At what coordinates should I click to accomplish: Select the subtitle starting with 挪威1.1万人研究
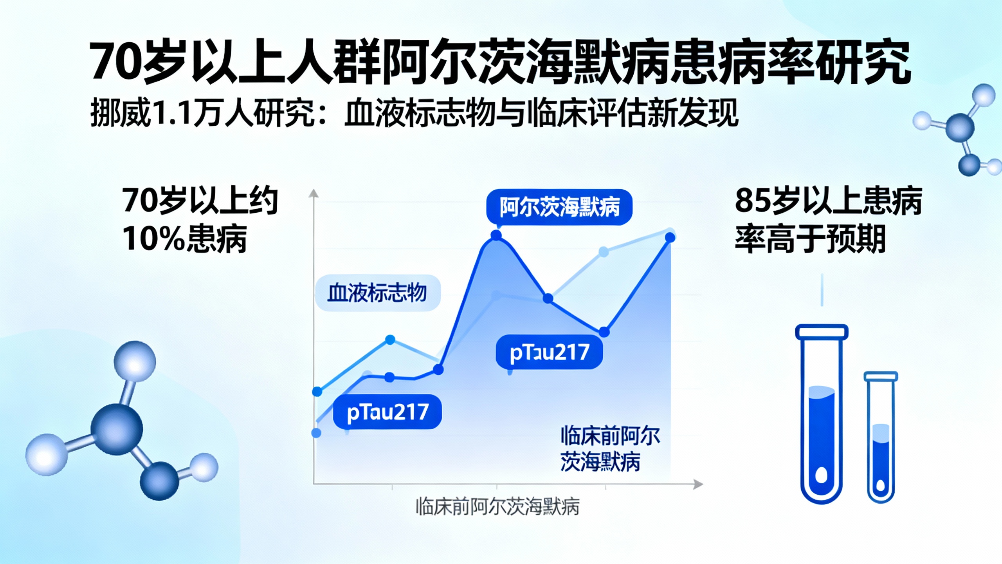click(414, 114)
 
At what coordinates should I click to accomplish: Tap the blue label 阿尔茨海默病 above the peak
click(559, 207)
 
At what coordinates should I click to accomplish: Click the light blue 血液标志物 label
click(378, 293)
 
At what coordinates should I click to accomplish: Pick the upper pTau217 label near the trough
click(549, 352)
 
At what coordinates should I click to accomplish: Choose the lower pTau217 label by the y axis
click(387, 412)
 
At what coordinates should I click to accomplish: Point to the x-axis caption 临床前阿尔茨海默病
click(497, 507)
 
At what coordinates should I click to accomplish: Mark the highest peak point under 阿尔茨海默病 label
click(496, 235)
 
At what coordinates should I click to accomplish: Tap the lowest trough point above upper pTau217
click(604, 332)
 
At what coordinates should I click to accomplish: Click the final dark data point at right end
click(670, 237)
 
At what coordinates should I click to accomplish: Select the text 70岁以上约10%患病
click(200, 219)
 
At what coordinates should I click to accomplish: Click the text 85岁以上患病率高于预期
click(828, 219)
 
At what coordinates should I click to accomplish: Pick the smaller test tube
click(881, 437)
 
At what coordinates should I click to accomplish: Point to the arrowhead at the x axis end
click(698, 484)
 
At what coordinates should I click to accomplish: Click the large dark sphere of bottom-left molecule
click(117, 429)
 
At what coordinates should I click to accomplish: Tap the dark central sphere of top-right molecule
click(960, 128)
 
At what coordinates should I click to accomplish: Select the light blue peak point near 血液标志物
click(390, 340)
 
